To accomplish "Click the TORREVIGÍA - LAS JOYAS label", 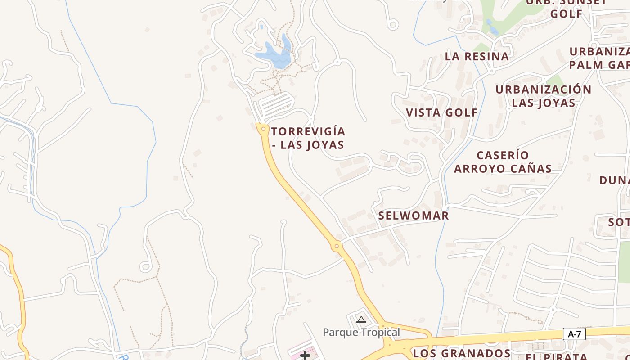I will coord(308,138).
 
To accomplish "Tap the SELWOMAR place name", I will coord(413,216).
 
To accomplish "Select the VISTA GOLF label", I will coord(441,112).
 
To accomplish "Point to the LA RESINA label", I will coord(477,57).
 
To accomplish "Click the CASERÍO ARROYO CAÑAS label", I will coord(503,162).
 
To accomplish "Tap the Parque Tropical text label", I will coord(361,333).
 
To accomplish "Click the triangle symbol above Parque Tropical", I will coord(361,320).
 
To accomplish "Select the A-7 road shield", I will coord(575,334).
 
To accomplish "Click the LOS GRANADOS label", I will coord(461,353).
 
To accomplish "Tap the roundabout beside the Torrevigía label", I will coord(263,129).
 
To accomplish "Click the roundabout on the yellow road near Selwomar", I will coord(336,246).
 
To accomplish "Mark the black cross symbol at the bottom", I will coord(305,355).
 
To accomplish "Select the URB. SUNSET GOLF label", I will coord(566,8).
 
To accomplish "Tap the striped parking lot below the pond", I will coord(275,104).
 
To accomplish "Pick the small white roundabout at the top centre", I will coord(393,24).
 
